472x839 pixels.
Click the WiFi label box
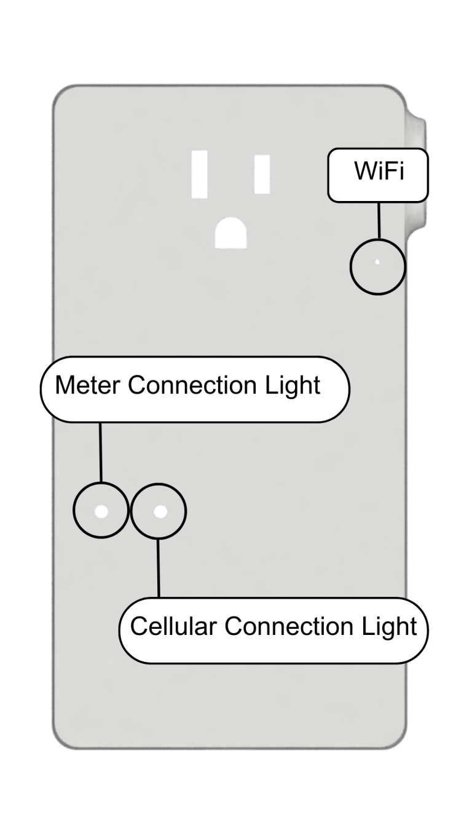[377, 175]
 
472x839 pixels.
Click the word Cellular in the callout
[173, 626]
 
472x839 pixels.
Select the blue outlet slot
[200, 174]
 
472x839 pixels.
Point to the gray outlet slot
[262, 174]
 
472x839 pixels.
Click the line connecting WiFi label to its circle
[379, 221]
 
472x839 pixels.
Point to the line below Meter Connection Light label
[100, 452]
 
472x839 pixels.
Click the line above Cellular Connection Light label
[159, 568]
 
